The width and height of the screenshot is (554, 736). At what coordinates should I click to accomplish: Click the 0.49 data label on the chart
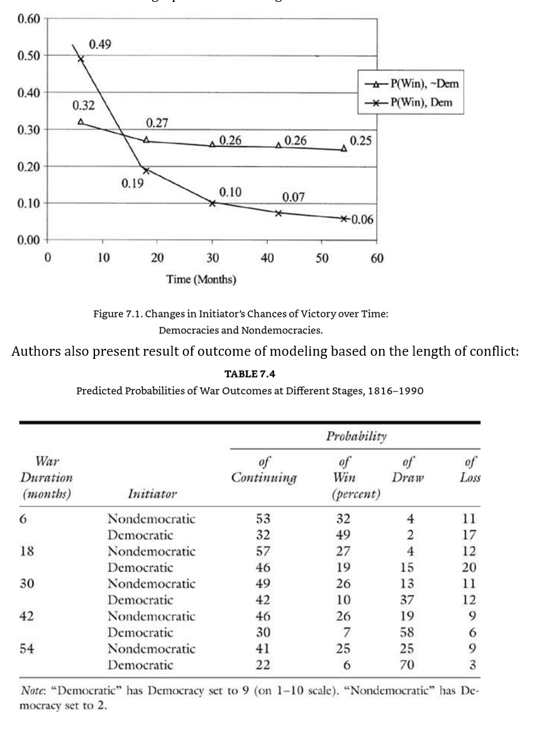point(99,44)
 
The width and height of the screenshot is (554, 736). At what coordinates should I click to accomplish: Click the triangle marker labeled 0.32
point(80,121)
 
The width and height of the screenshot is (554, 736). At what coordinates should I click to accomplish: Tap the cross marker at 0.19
point(146,170)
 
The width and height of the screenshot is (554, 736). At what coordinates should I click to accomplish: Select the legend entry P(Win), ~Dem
point(412,84)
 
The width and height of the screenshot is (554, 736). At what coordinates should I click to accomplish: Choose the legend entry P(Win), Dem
point(412,102)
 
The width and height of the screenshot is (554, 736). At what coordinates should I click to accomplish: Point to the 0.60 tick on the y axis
point(28,18)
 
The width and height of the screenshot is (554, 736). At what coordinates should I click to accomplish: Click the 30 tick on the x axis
point(213,258)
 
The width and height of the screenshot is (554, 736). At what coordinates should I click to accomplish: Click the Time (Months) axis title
point(201,279)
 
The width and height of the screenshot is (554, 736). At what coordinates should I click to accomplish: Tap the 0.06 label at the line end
point(362,219)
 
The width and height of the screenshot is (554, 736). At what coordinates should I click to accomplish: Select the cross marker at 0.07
point(278,213)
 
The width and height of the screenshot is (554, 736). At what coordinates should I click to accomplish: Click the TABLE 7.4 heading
point(250,374)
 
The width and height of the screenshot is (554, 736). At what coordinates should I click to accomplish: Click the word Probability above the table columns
point(356,436)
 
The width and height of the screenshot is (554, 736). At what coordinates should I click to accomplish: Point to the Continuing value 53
point(263,519)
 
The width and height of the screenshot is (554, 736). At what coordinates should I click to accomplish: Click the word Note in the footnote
point(32,691)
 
